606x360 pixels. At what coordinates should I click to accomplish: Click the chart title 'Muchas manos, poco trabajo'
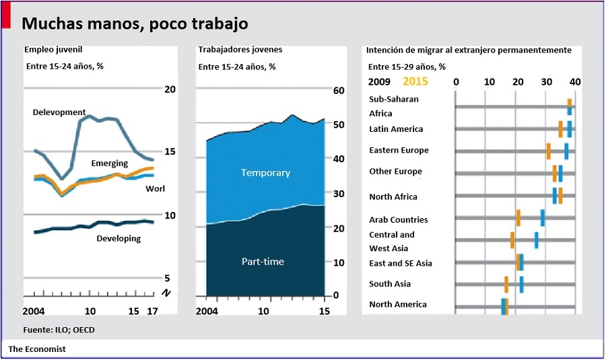135,24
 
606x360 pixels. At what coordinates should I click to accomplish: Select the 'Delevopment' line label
59,112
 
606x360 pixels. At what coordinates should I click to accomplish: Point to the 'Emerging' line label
110,164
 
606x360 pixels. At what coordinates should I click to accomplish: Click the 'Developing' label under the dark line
119,238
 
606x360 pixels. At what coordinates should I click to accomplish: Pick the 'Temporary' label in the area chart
265,173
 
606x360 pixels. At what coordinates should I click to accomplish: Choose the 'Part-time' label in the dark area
263,261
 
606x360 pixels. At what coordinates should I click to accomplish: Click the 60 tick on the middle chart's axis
339,91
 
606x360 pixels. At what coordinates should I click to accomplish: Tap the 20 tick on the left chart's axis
170,89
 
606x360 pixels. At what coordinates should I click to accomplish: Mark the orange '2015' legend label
415,81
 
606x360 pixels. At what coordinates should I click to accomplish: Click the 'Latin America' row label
396,129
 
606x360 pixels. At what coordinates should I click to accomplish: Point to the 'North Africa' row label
393,196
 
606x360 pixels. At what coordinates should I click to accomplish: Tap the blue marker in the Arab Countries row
543,218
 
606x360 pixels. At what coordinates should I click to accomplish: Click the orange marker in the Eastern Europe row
549,151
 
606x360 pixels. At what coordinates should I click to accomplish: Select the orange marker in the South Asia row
506,284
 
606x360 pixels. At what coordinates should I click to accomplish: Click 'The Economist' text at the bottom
37,349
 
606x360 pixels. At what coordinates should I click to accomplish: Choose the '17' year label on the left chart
152,312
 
